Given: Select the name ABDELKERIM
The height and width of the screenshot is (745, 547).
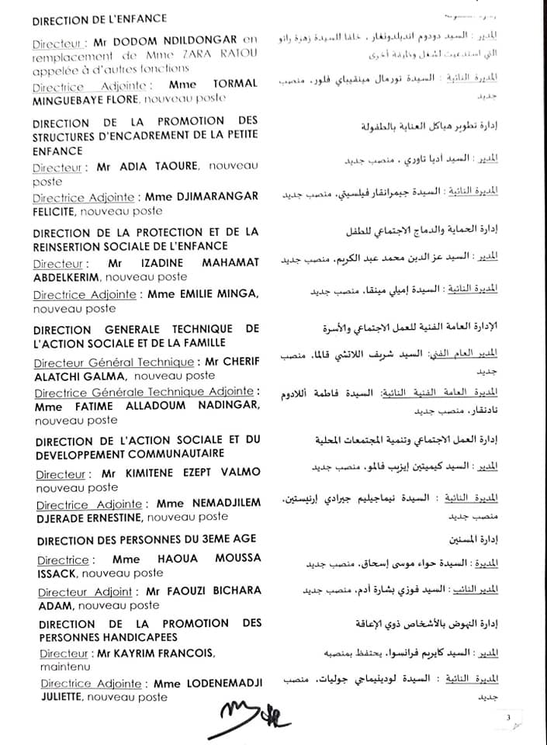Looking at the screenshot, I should tap(68, 277).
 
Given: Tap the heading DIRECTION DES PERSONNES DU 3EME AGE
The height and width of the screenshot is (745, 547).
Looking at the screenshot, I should tap(147, 539).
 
